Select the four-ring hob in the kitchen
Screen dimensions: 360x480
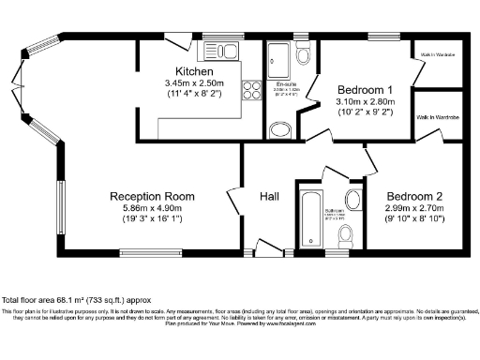[252, 90]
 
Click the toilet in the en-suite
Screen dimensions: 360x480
[278, 129]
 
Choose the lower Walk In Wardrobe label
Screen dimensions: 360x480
[436, 117]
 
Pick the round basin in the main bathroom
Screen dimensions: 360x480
[352, 199]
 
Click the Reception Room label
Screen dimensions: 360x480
[152, 197]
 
